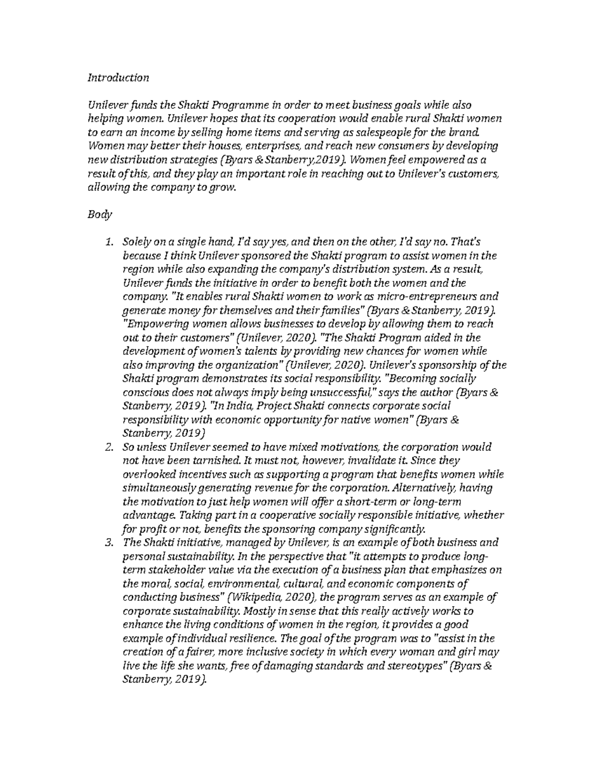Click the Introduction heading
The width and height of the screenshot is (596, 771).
pos(118,77)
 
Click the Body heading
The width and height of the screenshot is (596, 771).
pos(100,214)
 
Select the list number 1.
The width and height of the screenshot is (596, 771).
pos(109,242)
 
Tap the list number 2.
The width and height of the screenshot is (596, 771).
pos(109,447)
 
